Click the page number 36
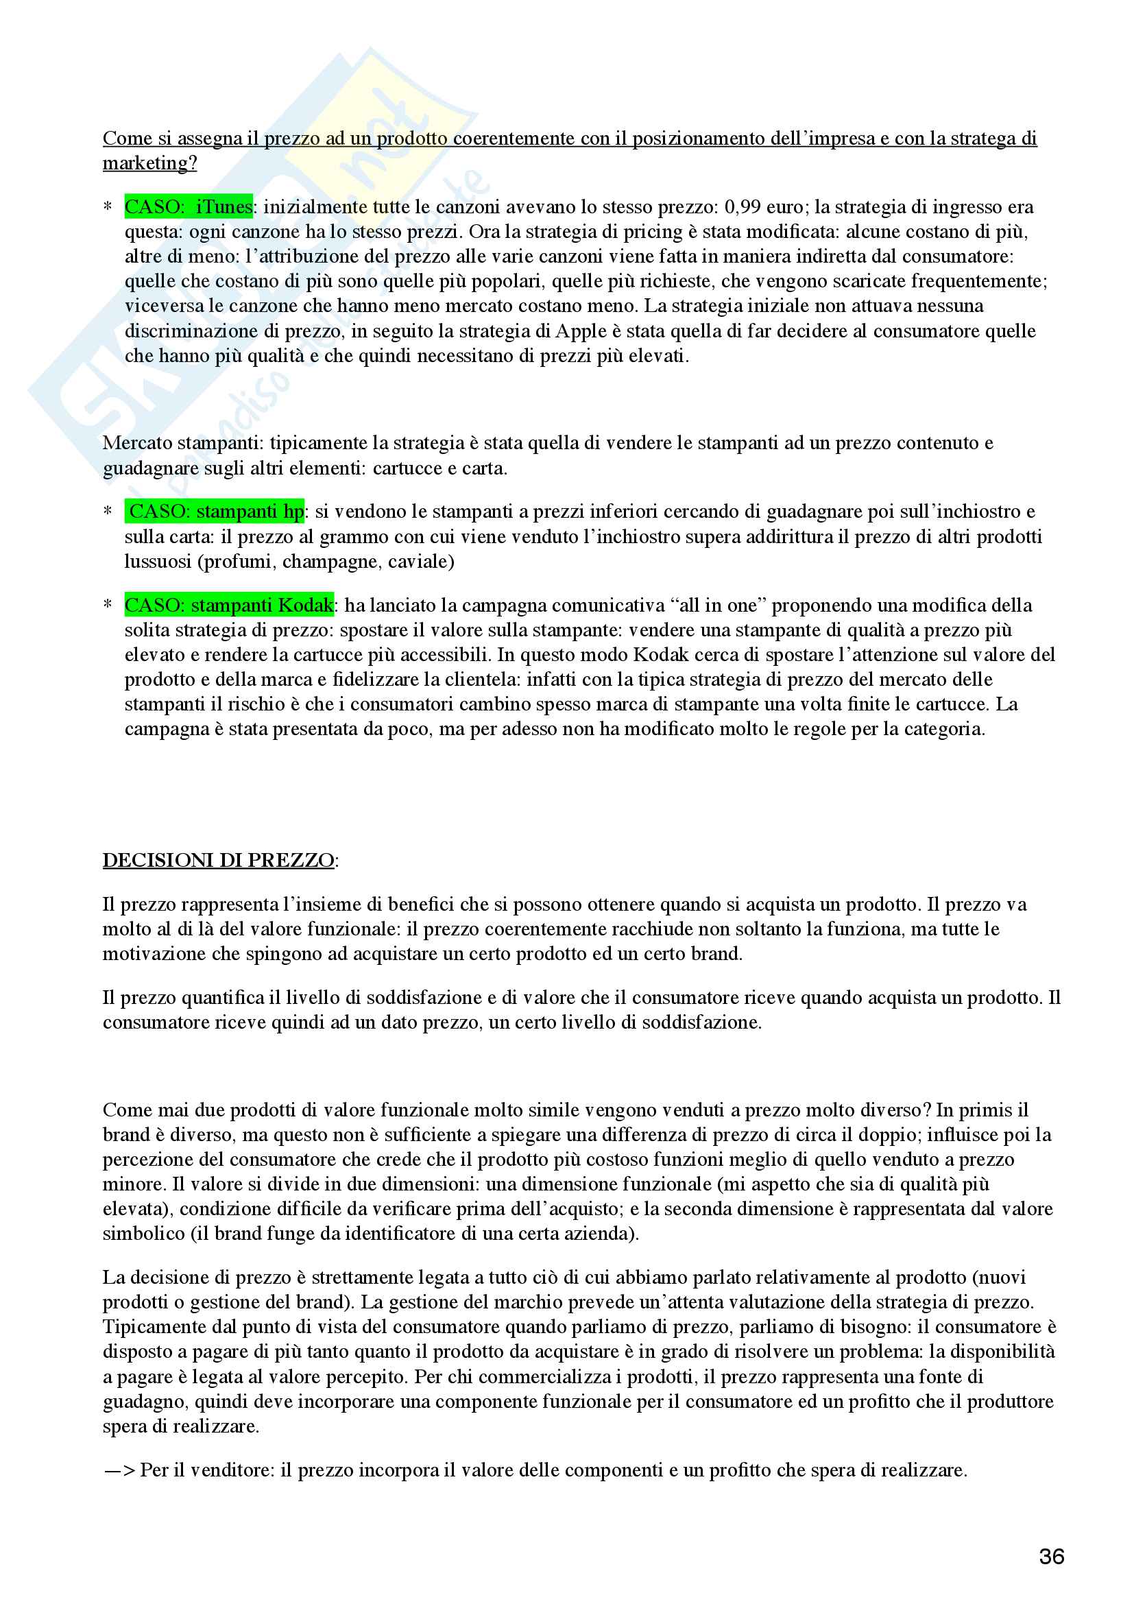1052,1556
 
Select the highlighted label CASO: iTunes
189,207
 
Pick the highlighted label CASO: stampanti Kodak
229,605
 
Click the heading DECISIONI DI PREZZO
218,860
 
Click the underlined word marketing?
149,163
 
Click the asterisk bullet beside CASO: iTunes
108,208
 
